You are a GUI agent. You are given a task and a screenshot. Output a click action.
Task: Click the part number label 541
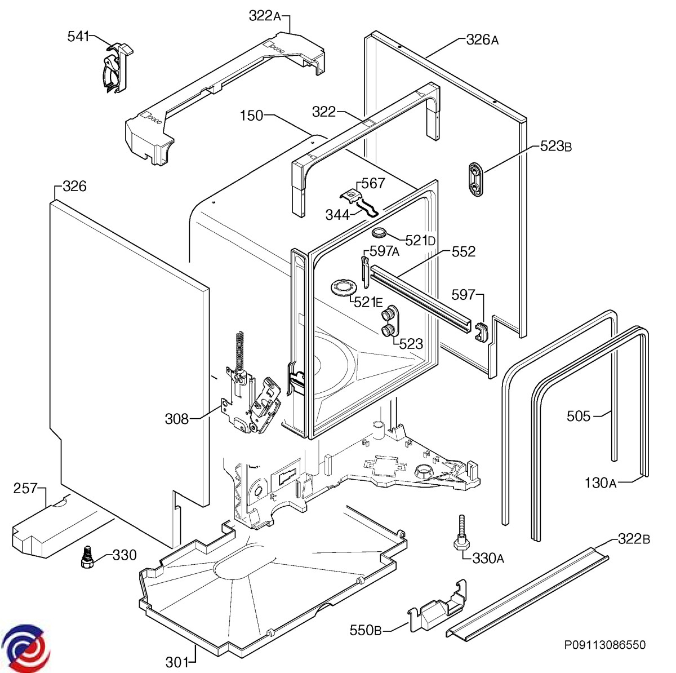point(78,36)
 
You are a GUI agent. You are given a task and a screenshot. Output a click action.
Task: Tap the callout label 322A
point(265,16)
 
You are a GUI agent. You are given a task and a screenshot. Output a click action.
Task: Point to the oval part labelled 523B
point(477,179)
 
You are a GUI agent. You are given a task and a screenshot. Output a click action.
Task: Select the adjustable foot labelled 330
point(87,557)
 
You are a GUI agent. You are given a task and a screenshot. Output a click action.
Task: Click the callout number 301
point(177,662)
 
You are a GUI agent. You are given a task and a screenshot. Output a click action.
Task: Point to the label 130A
point(601,482)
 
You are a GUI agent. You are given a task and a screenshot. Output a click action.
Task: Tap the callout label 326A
point(482,40)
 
